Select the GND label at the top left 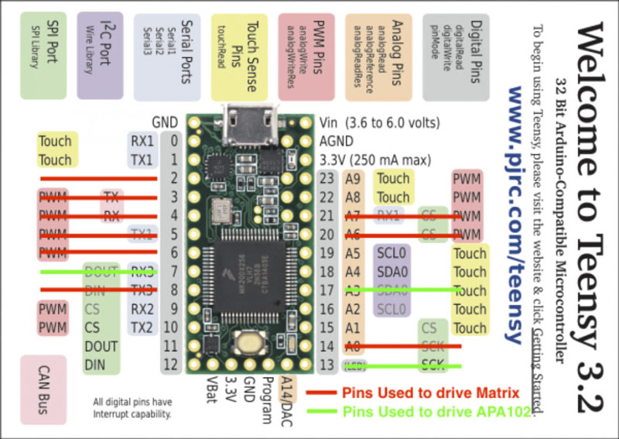165,122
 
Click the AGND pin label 337,141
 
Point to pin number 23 327,179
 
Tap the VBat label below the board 210,393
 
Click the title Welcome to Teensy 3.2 592,209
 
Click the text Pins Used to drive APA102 437,412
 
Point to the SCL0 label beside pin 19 392,253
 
